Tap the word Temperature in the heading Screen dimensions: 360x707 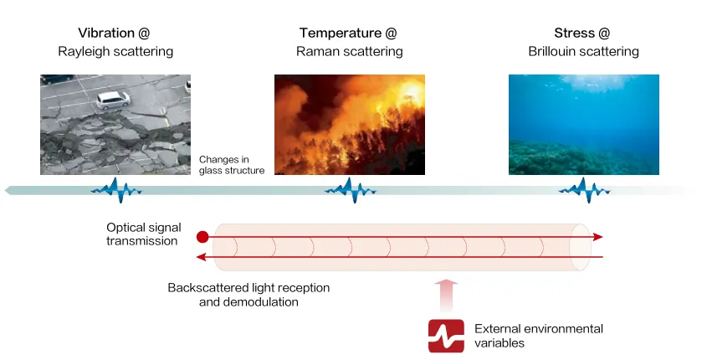pos(341,33)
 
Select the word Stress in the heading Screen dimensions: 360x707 pos(574,33)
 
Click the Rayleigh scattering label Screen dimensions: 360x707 pos(115,52)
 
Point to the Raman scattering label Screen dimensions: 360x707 pos(349,52)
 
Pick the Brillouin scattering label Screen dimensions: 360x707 pos(583,52)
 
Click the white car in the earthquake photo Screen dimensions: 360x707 pos(113,100)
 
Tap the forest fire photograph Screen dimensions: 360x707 pos(349,124)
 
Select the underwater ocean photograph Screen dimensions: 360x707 pos(583,124)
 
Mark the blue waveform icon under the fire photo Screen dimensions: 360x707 pos(349,191)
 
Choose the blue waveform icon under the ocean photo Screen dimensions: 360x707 pos(583,191)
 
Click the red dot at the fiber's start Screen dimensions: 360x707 pos(202,237)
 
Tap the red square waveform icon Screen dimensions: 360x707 pos(446,336)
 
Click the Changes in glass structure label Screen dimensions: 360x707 pos(231,165)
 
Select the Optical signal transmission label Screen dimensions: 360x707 pos(142,234)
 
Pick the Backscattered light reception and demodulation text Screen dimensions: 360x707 pos(248,295)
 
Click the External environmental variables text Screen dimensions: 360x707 pos(538,336)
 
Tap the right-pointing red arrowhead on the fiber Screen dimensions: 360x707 pos(597,237)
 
